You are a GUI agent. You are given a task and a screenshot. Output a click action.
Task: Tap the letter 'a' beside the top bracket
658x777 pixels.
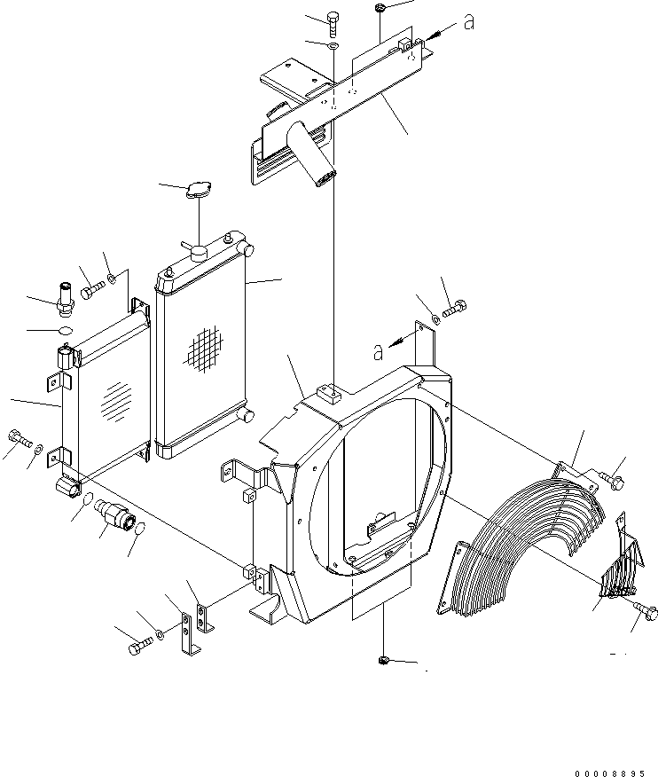tap(468, 24)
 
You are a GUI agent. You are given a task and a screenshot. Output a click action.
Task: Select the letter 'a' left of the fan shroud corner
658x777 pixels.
tap(378, 352)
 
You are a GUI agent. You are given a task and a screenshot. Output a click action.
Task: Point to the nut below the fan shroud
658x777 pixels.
tap(384, 660)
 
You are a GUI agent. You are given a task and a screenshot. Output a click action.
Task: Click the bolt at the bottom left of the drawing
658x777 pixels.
tap(138, 647)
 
